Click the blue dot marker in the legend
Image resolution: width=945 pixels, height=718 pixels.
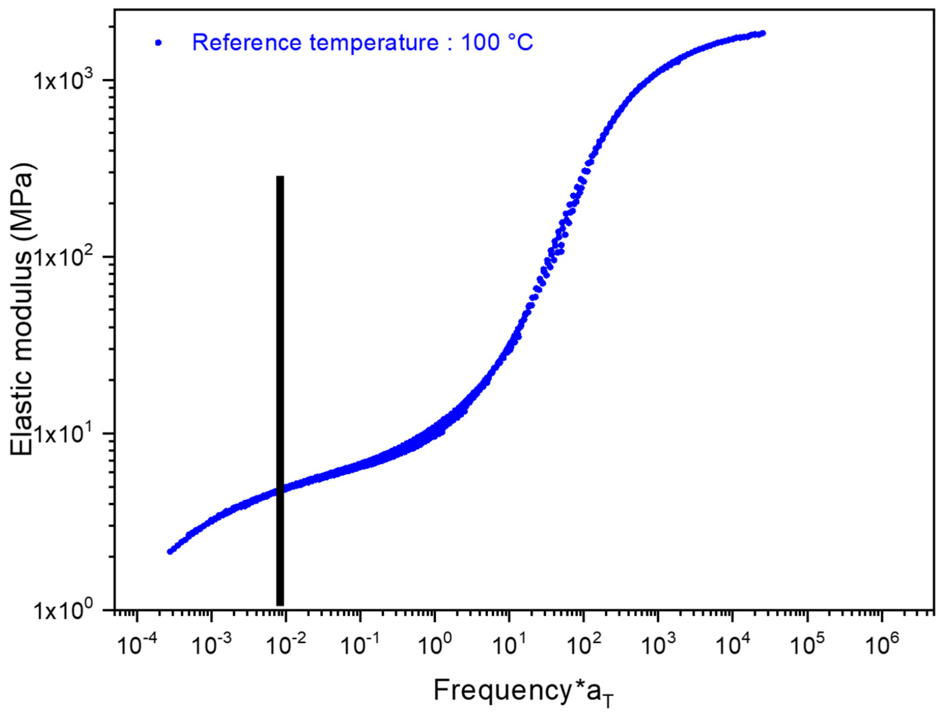[x=158, y=43]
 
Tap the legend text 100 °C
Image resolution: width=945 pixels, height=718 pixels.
[x=496, y=43]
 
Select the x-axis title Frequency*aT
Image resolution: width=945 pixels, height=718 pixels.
[x=524, y=692]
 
